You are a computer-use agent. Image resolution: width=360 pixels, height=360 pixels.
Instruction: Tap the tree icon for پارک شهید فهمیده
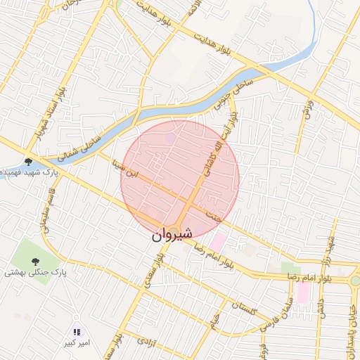tap(28, 162)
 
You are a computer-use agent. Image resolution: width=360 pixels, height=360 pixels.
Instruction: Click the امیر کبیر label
tap(75, 343)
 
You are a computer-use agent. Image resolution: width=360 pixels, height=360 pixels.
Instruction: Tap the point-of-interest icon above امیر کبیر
tap(77, 332)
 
